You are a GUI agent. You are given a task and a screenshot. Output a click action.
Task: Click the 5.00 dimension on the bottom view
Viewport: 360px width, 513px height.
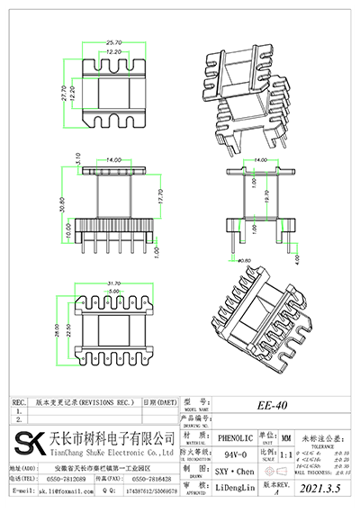point(112,292)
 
